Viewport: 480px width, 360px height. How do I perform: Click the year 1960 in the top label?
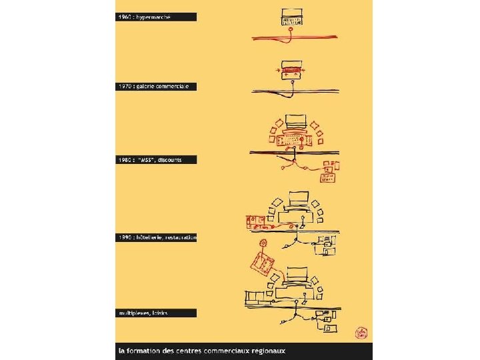click(x=125, y=17)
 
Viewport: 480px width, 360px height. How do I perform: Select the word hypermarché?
click(x=154, y=17)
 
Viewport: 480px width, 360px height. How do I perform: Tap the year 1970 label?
click(x=125, y=87)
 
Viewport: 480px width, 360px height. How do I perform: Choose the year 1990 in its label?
click(x=125, y=237)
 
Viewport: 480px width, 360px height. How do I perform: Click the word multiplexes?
click(x=135, y=312)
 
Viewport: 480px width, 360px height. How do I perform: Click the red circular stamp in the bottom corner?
click(x=361, y=333)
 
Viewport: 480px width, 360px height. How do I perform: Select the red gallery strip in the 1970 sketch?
click(x=291, y=69)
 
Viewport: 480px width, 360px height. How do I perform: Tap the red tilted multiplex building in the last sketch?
click(x=262, y=265)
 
